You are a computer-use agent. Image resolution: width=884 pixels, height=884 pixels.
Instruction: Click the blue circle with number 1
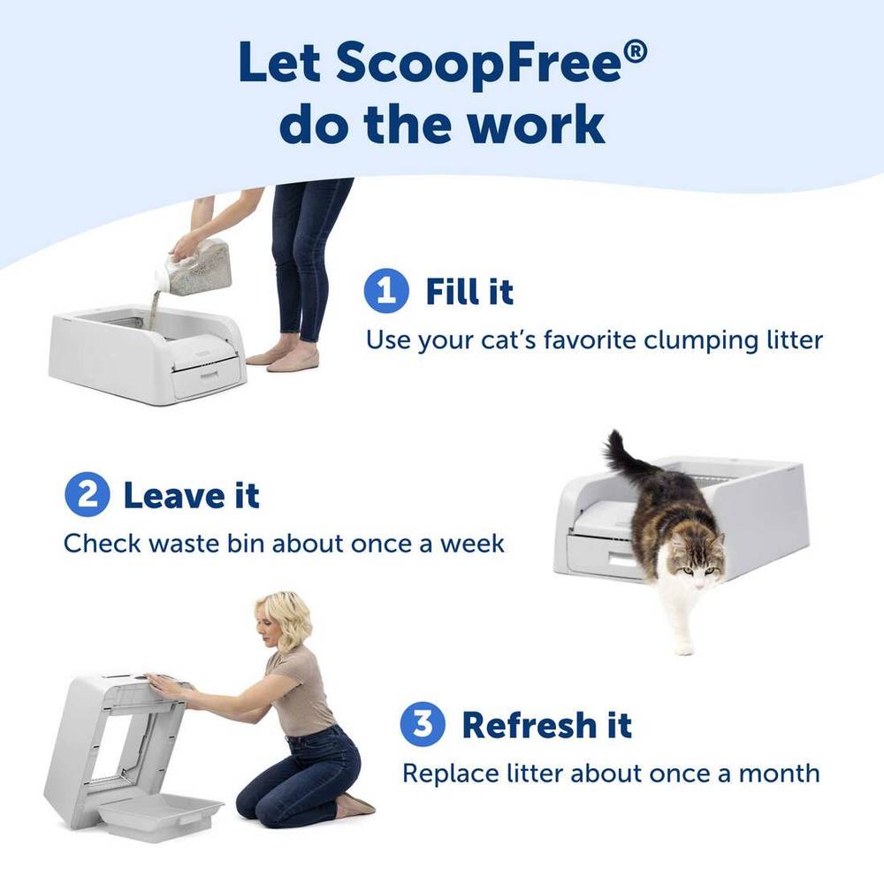[x=386, y=291]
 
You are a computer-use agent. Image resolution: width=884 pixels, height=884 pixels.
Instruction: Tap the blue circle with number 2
[x=87, y=494]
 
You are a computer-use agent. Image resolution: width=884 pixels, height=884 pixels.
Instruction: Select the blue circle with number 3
[x=423, y=724]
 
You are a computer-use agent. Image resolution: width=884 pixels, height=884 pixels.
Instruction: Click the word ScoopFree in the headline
[x=478, y=63]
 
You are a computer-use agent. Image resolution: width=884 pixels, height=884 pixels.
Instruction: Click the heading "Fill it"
[x=469, y=292]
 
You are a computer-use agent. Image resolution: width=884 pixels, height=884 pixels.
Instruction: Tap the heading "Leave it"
[x=191, y=495]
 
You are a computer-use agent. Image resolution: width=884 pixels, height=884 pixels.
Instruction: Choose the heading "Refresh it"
[x=547, y=725]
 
